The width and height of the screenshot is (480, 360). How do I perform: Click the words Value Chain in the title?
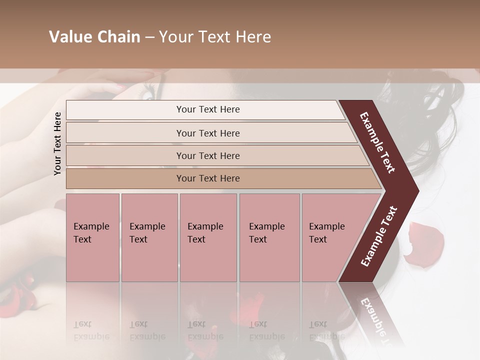94,37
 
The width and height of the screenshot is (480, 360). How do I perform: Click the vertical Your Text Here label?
57,143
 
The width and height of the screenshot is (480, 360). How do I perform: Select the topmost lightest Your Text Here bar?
207,109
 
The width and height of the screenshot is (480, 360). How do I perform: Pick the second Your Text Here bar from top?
207,133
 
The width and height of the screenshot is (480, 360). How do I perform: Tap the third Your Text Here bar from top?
207,155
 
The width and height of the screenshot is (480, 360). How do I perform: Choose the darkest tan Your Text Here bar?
207,178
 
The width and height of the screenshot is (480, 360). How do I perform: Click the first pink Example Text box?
92,237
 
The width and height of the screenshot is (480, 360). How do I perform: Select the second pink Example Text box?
149,237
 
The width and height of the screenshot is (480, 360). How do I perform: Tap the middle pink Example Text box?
208,237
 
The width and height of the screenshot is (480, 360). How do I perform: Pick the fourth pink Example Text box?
269,237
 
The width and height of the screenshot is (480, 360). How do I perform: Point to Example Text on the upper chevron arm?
378,143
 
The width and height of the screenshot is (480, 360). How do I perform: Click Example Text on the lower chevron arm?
379,236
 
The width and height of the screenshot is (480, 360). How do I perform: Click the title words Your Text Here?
215,37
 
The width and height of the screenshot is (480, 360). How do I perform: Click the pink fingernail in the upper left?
119,86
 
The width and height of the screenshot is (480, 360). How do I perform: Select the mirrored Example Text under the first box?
90,330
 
